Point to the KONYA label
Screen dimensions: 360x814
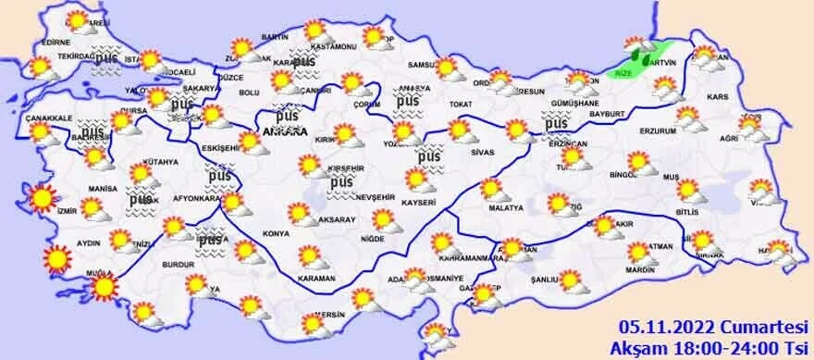[x=276, y=233]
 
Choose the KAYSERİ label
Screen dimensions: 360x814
[x=419, y=201]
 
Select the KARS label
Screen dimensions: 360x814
[x=720, y=96]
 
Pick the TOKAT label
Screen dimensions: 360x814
[x=461, y=105]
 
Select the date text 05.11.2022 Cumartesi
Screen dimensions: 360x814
[x=711, y=325]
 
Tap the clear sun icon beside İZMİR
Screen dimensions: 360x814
[x=42, y=197]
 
